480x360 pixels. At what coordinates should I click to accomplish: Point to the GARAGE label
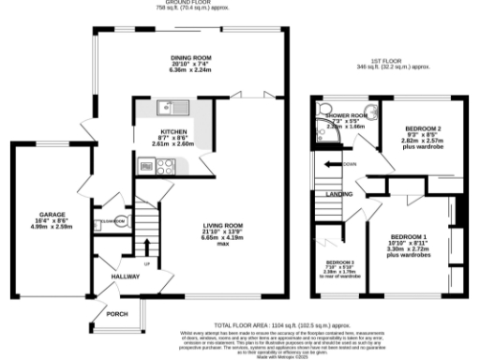point(51,214)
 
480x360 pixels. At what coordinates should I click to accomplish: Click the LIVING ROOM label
point(226,226)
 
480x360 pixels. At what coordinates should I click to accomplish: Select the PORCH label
point(117,313)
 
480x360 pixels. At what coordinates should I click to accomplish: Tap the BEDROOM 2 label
point(422,127)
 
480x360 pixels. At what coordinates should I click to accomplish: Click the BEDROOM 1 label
point(408,235)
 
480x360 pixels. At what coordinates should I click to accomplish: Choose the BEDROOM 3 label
point(339,262)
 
